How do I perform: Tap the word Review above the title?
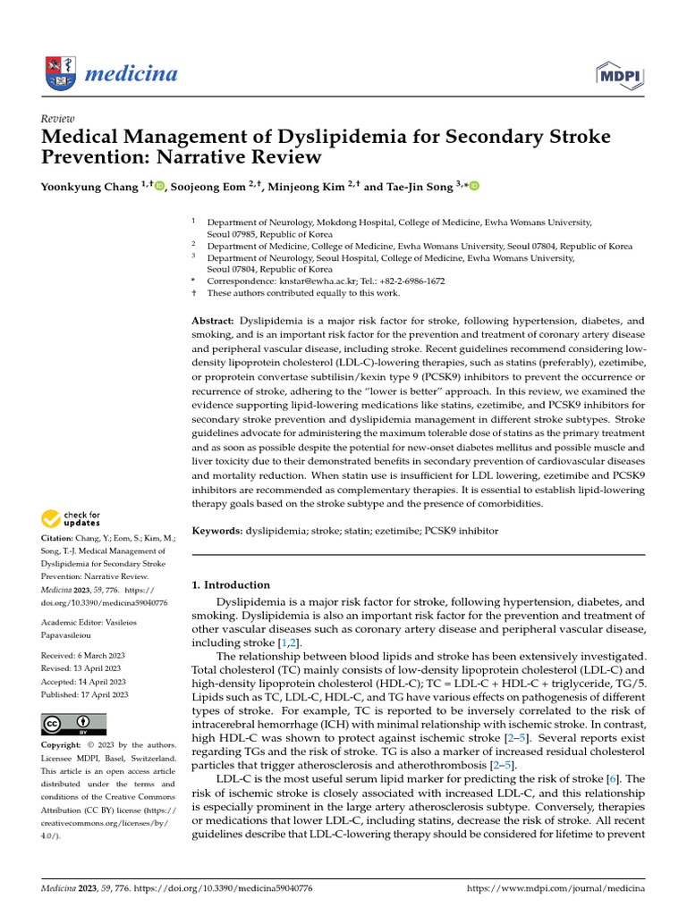(x=58, y=119)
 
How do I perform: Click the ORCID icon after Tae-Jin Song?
(x=474, y=186)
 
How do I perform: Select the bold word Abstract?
(x=213, y=320)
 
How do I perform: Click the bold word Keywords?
(x=217, y=531)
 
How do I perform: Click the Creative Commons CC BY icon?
(x=74, y=724)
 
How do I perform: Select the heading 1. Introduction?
(x=231, y=584)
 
